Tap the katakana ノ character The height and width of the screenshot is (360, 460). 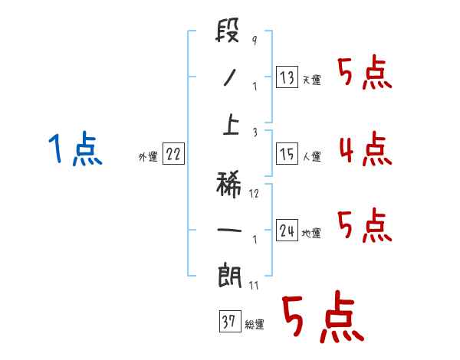point(229,77)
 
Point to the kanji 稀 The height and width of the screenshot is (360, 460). point(229,182)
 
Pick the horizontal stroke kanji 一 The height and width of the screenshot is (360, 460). point(229,229)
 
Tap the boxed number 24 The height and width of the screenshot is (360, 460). point(287,231)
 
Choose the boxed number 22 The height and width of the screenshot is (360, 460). point(173,155)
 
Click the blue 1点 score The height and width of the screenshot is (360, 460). point(74,148)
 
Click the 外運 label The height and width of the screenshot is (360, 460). point(148,157)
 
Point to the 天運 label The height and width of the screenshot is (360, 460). point(311,80)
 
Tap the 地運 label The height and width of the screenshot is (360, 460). point(311,234)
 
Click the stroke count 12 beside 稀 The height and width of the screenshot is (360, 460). point(254,193)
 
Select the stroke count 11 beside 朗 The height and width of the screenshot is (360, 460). point(254,286)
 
